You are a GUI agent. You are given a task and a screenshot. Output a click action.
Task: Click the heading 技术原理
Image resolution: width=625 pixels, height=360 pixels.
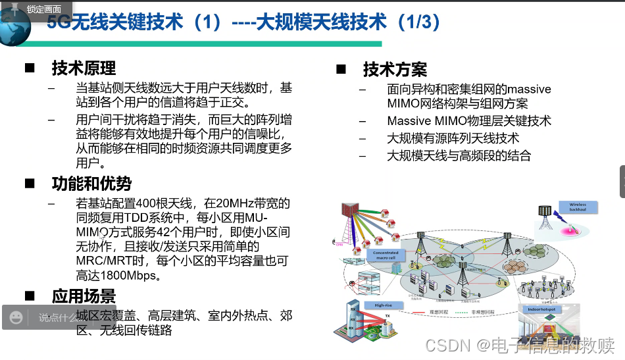pos(84,68)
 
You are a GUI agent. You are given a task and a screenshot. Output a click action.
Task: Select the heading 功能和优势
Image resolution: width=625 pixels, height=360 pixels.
pos(91,184)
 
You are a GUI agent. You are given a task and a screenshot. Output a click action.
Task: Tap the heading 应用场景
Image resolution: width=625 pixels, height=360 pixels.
pos(84,296)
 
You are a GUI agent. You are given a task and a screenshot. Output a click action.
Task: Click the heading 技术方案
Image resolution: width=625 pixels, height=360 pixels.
pos(395,69)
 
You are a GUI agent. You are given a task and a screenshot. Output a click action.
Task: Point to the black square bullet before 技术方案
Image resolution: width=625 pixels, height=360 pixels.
pos(341,69)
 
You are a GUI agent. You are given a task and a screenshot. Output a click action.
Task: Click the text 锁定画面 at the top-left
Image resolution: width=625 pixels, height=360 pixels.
pos(44,9)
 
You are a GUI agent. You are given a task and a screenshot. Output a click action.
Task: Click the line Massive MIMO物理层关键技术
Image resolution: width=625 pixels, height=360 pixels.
pos(468,121)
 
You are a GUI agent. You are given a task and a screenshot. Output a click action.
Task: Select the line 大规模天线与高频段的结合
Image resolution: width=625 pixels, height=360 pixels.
pos(459,156)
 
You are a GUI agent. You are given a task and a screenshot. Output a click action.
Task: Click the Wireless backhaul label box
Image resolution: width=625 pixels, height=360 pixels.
pos(578,207)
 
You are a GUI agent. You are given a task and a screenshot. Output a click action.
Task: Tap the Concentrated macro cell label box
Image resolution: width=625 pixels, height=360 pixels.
pos(386,255)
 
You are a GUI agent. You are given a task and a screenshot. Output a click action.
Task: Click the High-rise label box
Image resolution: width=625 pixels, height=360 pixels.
pos(383,305)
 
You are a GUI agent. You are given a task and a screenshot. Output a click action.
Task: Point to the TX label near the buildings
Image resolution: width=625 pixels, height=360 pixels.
pos(387,317)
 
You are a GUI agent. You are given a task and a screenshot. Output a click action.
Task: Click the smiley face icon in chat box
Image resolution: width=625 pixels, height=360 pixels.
pos(16,318)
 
